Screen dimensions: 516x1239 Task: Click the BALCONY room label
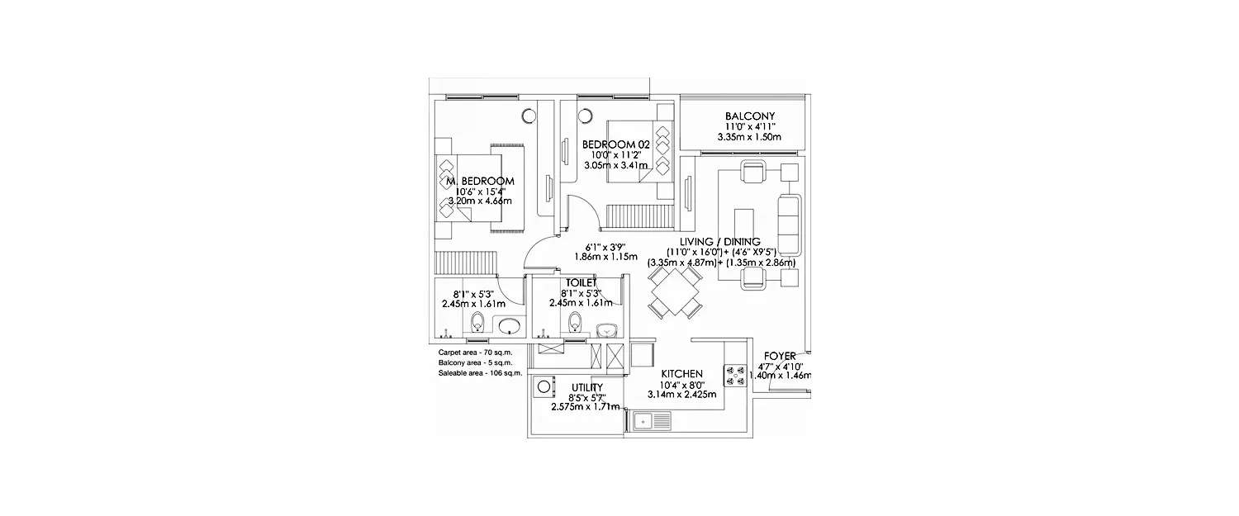(749, 116)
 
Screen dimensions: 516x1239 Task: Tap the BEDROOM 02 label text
(616, 144)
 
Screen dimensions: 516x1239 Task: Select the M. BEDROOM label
(480, 181)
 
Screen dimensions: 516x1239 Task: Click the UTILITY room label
(586, 386)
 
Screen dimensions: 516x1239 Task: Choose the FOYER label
(779, 356)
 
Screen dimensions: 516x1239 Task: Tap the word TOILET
(583, 282)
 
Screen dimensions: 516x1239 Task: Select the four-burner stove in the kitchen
(735, 376)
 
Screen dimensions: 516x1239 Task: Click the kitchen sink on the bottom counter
(651, 421)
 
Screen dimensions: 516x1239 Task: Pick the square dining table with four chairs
(675, 291)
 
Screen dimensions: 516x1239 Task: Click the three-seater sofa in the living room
(789, 224)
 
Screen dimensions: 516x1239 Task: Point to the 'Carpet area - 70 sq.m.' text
(475, 353)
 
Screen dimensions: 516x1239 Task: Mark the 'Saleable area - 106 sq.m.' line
(480, 373)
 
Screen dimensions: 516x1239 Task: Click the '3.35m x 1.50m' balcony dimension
(749, 137)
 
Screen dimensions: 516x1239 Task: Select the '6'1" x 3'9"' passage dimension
(606, 246)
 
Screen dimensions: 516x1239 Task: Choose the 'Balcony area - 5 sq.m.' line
(475, 363)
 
